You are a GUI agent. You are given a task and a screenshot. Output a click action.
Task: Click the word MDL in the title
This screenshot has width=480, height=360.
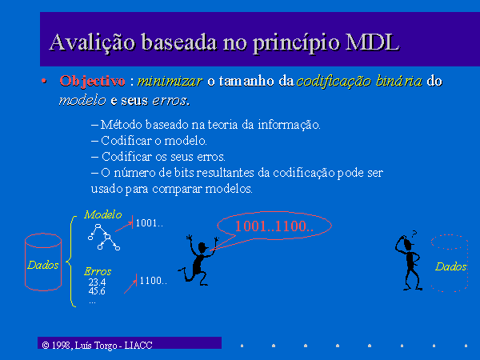coord(372,42)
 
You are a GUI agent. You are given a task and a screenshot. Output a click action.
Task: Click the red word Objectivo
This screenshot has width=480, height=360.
coord(92,82)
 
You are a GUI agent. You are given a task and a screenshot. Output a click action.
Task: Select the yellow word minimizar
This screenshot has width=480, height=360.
coord(170,81)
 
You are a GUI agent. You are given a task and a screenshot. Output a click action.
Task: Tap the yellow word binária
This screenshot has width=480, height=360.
coord(398,81)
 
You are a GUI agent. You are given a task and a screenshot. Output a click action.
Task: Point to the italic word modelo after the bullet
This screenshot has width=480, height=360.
coord(82,101)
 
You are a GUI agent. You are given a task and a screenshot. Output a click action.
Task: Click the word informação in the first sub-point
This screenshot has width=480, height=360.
coord(289,125)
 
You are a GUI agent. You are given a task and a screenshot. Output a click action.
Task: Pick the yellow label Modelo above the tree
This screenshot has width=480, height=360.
coord(103,214)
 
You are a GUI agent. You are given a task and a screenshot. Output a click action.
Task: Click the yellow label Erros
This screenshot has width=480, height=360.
coord(98,271)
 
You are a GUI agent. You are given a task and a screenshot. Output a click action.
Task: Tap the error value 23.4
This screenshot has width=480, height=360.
coord(97,282)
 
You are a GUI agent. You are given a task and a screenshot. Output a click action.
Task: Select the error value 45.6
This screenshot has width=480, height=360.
coord(97,291)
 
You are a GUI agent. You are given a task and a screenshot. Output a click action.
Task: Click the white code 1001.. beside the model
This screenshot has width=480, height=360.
coord(149,223)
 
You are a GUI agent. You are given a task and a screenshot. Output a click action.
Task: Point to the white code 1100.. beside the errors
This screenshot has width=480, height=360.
coord(153,281)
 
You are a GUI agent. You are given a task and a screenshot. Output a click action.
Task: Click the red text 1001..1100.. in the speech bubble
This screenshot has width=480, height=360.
coord(274,226)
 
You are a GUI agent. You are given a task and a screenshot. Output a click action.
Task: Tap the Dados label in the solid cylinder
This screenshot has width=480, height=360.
coord(43,265)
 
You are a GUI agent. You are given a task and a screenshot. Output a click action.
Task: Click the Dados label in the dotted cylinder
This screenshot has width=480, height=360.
coord(450,266)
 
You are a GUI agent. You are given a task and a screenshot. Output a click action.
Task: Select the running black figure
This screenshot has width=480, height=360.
coord(198,259)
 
